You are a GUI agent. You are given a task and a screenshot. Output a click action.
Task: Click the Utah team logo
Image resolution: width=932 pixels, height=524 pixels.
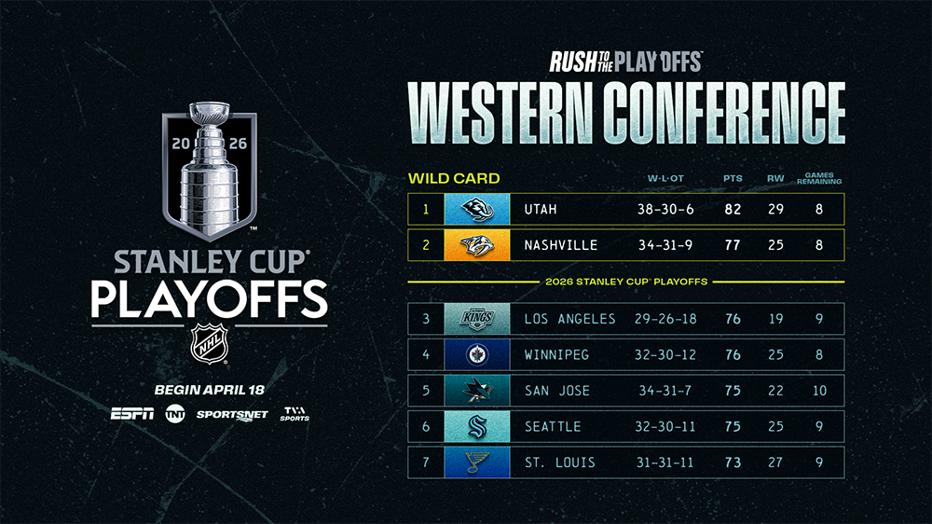(x=477, y=210)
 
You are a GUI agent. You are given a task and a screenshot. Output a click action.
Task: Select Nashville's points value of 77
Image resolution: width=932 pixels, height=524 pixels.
(x=733, y=245)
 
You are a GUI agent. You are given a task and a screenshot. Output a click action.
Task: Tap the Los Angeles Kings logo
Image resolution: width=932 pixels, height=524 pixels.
(x=477, y=319)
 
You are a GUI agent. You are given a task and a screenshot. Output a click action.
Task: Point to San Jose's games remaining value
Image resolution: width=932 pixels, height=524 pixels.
(x=819, y=391)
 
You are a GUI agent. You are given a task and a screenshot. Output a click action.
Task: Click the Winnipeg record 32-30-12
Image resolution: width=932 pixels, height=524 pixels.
(x=665, y=355)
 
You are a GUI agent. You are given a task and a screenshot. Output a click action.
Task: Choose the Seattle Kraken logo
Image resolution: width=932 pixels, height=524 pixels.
(x=477, y=426)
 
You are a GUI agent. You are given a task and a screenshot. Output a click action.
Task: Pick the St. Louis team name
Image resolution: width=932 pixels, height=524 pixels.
(x=559, y=462)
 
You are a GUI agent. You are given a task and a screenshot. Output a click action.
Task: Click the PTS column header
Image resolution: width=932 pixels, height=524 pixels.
(x=733, y=178)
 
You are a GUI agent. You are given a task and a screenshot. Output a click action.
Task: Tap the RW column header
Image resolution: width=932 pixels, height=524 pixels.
(x=775, y=178)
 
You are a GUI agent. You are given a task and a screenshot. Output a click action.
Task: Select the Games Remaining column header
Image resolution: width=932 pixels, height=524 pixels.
(x=819, y=178)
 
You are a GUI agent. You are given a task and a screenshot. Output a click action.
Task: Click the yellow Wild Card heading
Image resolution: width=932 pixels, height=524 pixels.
(x=454, y=178)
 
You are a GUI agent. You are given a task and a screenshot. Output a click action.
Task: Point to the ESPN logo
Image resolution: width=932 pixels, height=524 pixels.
(x=132, y=413)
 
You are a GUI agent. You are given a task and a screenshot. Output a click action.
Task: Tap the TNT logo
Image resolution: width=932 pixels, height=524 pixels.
(x=175, y=413)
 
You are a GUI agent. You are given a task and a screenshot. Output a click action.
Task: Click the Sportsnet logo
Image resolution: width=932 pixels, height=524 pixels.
(x=232, y=415)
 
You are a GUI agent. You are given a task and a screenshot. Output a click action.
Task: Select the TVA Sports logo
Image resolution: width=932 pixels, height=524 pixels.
(x=295, y=414)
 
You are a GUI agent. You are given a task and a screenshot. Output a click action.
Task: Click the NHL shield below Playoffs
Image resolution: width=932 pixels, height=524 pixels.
(x=209, y=344)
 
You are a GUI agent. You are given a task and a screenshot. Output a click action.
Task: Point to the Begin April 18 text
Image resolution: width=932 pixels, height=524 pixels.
(x=209, y=390)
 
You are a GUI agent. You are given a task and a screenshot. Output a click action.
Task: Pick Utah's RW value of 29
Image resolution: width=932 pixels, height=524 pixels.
(x=775, y=210)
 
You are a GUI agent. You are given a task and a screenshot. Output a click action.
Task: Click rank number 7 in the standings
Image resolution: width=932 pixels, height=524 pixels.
(x=426, y=462)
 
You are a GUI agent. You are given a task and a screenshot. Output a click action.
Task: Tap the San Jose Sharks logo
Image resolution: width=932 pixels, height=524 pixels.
(x=477, y=390)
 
